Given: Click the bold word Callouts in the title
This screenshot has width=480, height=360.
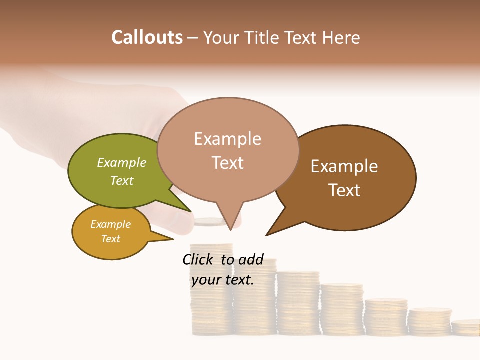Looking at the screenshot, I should point(147,37).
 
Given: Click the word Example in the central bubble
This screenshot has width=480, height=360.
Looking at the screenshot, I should point(227,138).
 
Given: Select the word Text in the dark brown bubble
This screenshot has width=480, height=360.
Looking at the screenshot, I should point(344,190).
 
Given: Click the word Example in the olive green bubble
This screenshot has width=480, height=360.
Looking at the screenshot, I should point(122,162).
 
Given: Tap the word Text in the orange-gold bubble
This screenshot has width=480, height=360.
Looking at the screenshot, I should point(110,239).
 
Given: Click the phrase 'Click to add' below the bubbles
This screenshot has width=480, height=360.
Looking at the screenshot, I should point(223,259).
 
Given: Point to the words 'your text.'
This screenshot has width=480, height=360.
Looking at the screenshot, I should point(223,280).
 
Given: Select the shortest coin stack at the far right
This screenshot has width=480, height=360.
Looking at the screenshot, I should point(465,327).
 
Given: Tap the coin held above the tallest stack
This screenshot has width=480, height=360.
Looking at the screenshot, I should point(210,222).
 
